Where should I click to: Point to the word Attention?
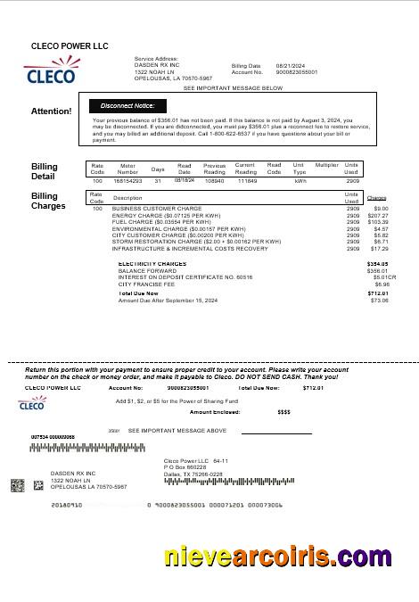click(x=52, y=111)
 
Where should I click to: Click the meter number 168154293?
click(x=127, y=180)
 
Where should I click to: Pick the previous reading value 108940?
click(x=214, y=180)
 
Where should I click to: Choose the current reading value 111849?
click(x=246, y=180)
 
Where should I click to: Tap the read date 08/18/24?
click(x=185, y=179)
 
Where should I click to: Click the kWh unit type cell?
click(x=300, y=180)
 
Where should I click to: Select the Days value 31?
click(x=158, y=180)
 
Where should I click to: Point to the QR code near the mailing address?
click(x=18, y=485)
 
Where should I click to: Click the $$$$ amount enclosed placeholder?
click(x=284, y=412)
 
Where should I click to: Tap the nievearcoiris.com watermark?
click(x=277, y=557)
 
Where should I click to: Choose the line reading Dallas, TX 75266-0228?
click(x=193, y=474)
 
